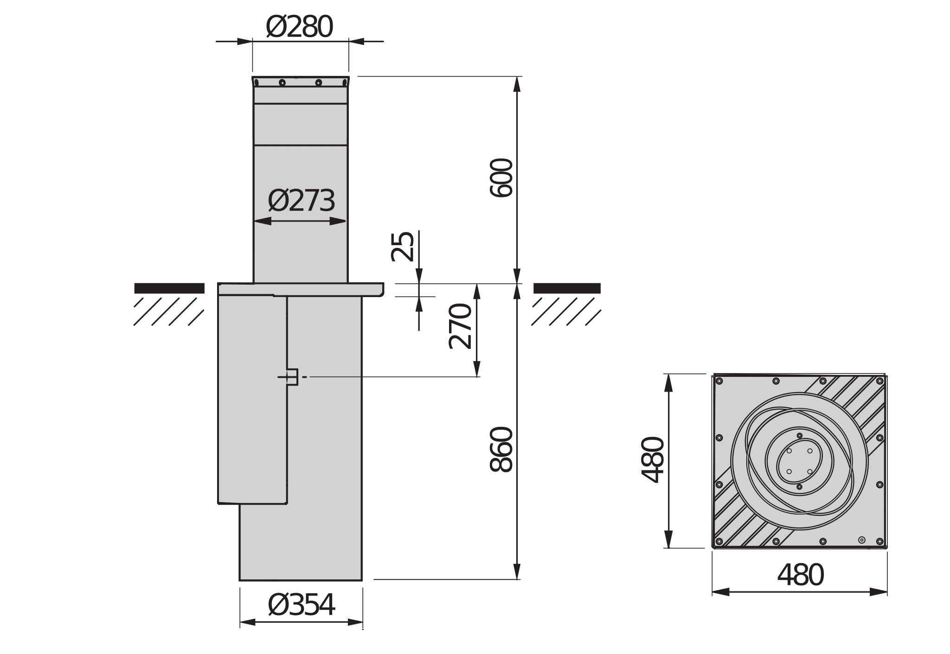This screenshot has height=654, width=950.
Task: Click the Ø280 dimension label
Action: pos(300,28)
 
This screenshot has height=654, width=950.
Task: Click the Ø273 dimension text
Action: pos(301,201)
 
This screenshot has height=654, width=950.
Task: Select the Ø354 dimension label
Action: pos(301,605)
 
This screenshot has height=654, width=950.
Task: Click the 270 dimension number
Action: pos(461,326)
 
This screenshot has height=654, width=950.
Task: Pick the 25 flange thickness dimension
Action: pos(402,247)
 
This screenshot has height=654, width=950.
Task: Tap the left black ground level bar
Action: pos(169,288)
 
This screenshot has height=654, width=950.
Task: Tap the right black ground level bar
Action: pos(567,288)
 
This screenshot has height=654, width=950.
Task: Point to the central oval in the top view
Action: pos(799,461)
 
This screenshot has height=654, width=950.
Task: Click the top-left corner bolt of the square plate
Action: pos(719,381)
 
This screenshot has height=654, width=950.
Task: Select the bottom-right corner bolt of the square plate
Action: pos(879,541)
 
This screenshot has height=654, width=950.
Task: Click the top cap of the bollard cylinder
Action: pos(301,82)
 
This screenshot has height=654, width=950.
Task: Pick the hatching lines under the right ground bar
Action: pos(566,311)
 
